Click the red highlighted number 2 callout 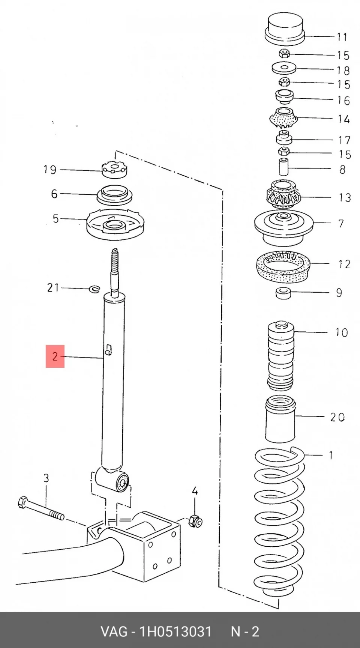[55, 356]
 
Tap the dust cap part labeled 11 [285, 30]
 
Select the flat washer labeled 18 [284, 68]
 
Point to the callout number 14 [343, 119]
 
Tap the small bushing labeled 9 [283, 293]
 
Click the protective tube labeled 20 [280, 419]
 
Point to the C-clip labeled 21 [94, 289]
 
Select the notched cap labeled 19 [114, 169]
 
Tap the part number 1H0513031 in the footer [175, 631]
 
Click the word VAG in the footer [114, 631]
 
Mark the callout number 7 [340, 224]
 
